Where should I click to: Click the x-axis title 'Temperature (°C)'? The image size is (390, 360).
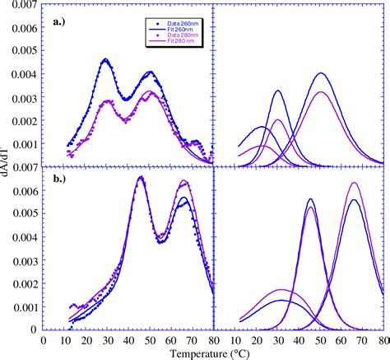point(213,354)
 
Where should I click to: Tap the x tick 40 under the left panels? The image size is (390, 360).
point(128,338)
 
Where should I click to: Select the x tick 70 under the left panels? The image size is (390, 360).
point(192,338)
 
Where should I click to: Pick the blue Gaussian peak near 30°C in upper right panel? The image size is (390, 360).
point(278,91)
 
